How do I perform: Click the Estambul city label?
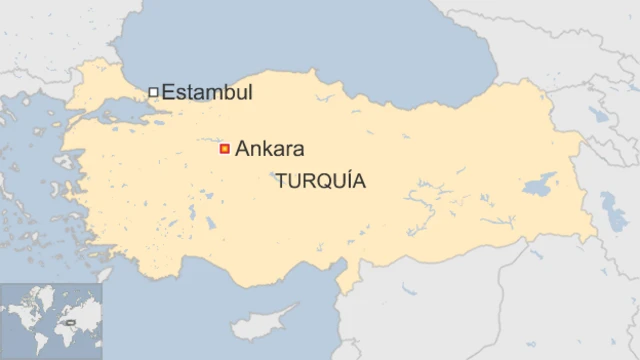pyautogui.click(x=207, y=93)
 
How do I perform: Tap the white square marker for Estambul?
pyautogui.click(x=153, y=92)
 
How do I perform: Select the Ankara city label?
pyautogui.click(x=269, y=150)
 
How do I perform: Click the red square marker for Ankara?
pyautogui.click(x=225, y=149)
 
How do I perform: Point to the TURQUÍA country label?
pyautogui.click(x=320, y=182)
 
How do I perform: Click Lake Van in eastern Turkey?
pyautogui.click(x=541, y=184)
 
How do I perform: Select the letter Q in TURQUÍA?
pyautogui.click(x=321, y=183)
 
